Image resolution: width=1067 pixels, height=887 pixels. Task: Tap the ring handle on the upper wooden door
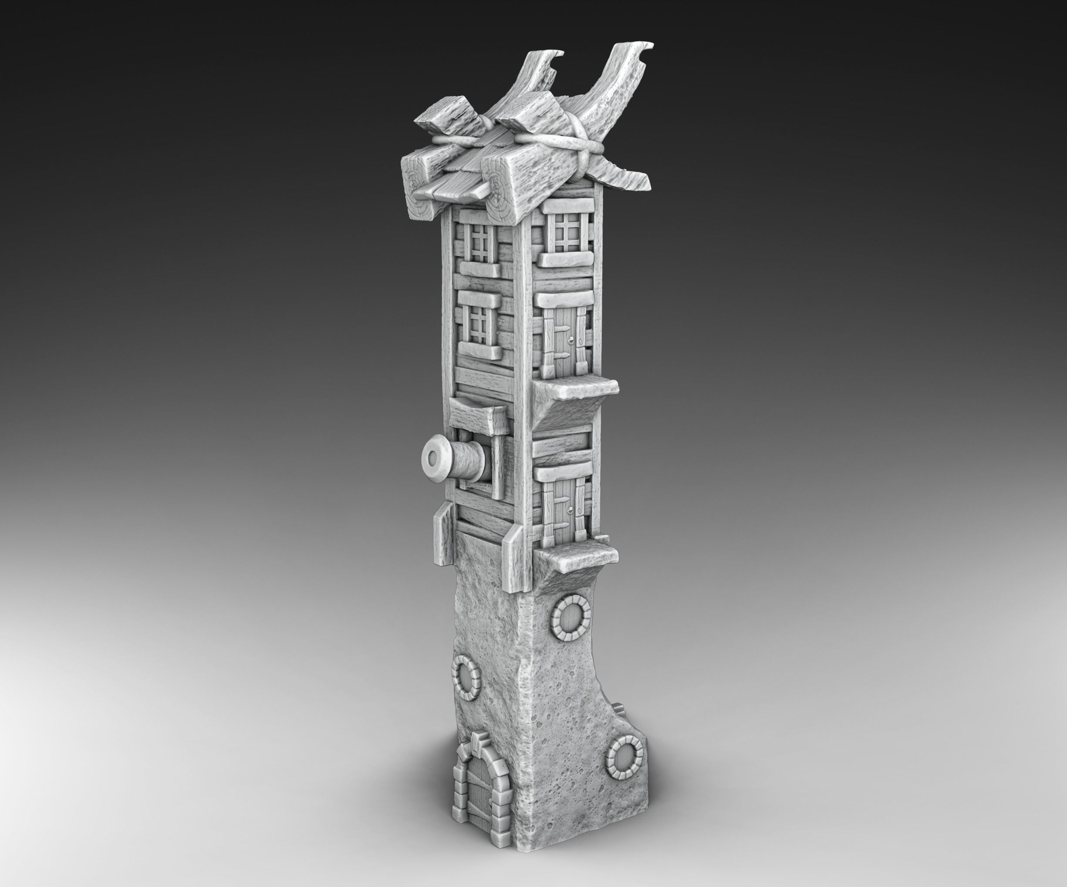(573, 340)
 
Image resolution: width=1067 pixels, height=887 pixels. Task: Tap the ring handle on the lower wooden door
(573, 510)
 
